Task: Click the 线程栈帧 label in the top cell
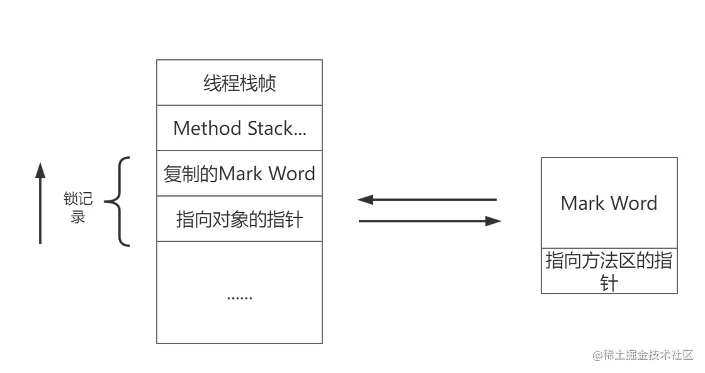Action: [x=239, y=83]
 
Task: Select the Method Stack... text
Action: [x=239, y=129]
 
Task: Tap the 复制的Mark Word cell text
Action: [x=239, y=173]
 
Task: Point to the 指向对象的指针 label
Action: [x=239, y=219]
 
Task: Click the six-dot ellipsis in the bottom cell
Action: [x=239, y=296]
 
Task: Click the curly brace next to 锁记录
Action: [x=117, y=202]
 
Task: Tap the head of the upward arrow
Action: [x=40, y=169]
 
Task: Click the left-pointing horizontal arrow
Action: [x=428, y=200]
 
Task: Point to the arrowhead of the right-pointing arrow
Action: [x=494, y=221]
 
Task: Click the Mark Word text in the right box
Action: [x=609, y=203]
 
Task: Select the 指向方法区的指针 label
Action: [x=609, y=271]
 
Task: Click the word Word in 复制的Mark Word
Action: [x=291, y=173]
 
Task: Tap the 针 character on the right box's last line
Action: [x=609, y=283]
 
